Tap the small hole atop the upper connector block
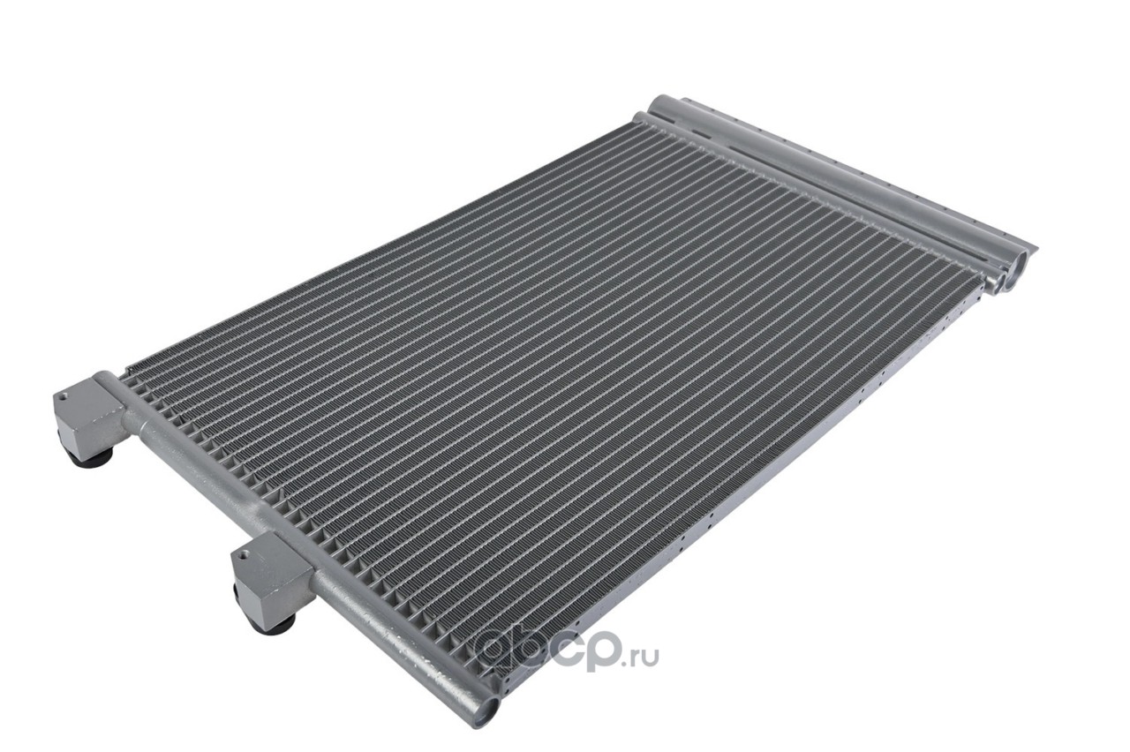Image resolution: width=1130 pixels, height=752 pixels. tap(63, 396)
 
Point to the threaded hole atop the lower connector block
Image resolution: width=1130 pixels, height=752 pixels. tap(245, 555)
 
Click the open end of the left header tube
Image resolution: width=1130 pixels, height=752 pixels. tap(488, 711)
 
